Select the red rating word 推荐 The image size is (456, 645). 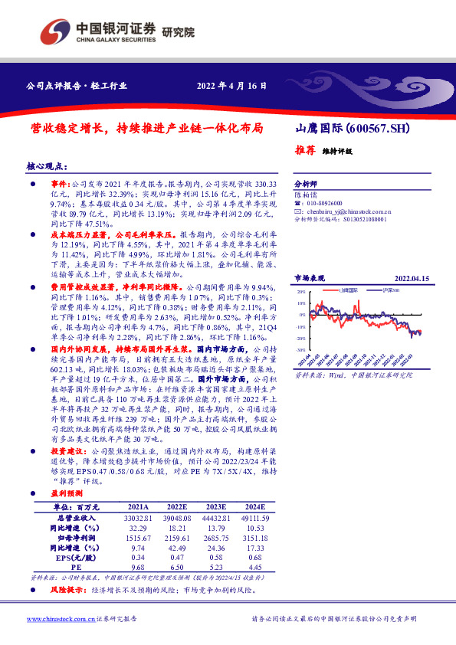[305, 150]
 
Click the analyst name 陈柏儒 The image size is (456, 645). [305, 195]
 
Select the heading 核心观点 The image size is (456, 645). [46, 165]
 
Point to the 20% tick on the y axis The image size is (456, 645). [301, 292]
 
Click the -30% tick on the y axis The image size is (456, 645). [300, 349]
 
